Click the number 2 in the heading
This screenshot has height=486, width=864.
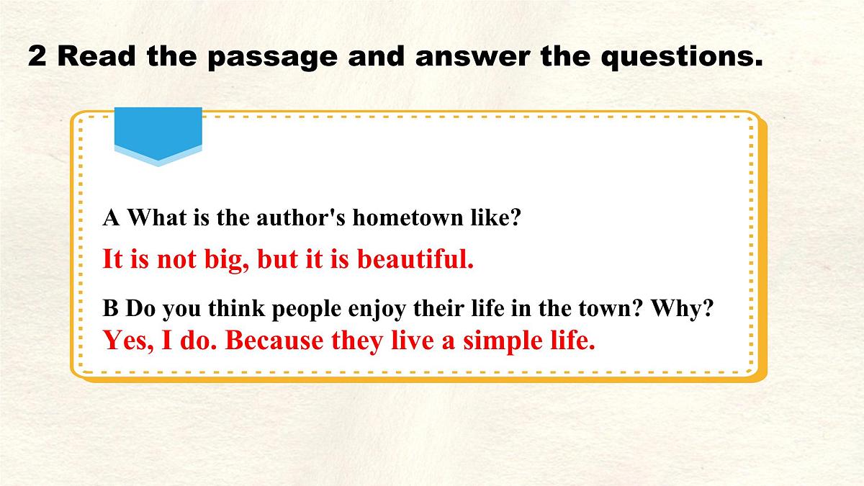pyautogui.click(x=37, y=56)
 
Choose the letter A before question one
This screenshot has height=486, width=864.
pyautogui.click(x=111, y=218)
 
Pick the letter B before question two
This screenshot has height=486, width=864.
pyautogui.click(x=110, y=310)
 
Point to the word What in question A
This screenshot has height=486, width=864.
pyautogui.click(x=157, y=218)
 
